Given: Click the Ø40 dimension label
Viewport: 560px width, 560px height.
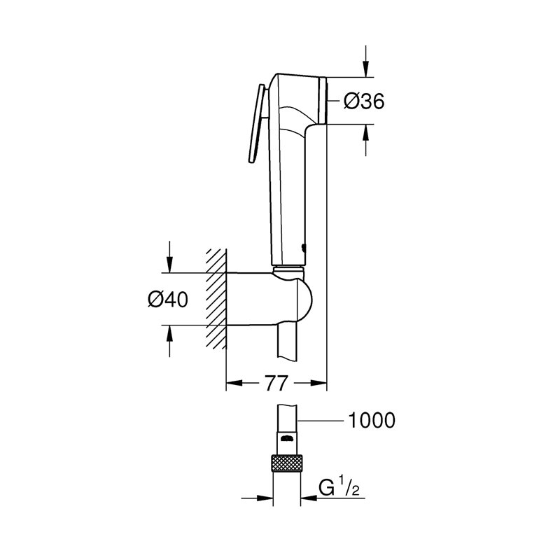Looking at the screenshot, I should coord(168,299).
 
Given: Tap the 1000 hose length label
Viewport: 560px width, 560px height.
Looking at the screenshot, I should coord(371,420).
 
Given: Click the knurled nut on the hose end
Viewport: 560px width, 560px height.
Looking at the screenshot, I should coord(286,463).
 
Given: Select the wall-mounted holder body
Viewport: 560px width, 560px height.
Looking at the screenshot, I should coord(269,298).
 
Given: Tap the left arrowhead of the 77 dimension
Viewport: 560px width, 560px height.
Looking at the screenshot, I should coord(234,383).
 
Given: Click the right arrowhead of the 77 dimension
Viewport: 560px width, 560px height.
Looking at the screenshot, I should coord(320,383).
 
